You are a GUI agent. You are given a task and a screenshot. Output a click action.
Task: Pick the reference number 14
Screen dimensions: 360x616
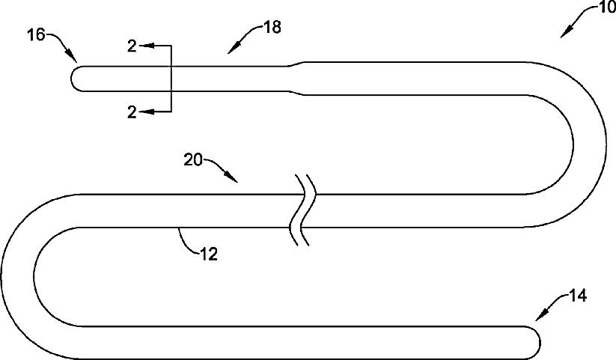(577, 296)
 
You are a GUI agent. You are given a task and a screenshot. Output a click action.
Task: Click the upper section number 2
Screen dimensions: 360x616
(132, 46)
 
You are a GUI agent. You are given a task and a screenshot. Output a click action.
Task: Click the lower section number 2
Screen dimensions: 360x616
(132, 112)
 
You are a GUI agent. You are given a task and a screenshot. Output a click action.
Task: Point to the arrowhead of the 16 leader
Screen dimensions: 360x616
(74, 60)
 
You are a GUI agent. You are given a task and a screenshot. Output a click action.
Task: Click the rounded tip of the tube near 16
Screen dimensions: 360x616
(74, 79)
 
